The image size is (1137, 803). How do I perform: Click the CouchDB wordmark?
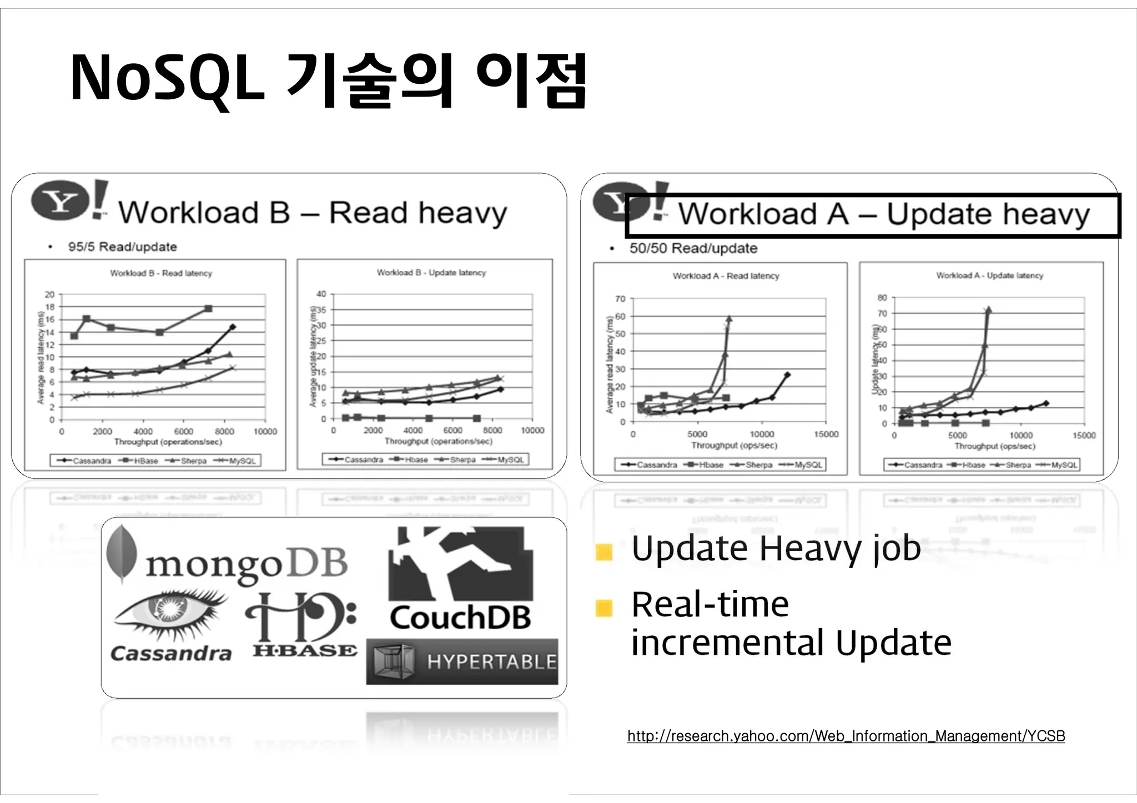pos(460,618)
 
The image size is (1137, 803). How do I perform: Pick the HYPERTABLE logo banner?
pos(462,661)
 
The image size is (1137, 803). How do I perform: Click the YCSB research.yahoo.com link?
pos(846,736)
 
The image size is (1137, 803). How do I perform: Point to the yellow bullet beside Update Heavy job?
pos(603,552)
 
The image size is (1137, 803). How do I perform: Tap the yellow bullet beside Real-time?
pos(603,608)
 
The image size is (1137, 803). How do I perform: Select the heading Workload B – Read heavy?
pos(313,213)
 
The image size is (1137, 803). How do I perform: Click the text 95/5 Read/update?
pos(122,247)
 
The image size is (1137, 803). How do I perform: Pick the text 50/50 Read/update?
pos(693,248)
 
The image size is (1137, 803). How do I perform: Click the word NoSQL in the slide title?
pos(167,79)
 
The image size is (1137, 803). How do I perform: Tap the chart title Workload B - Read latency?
pos(161,273)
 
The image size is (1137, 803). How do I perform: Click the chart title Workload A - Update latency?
pos(989,275)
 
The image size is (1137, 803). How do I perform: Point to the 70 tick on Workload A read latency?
pos(620,299)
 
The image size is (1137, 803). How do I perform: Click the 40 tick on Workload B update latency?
pos(321,294)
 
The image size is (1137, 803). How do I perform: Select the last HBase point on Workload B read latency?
pos(209,309)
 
